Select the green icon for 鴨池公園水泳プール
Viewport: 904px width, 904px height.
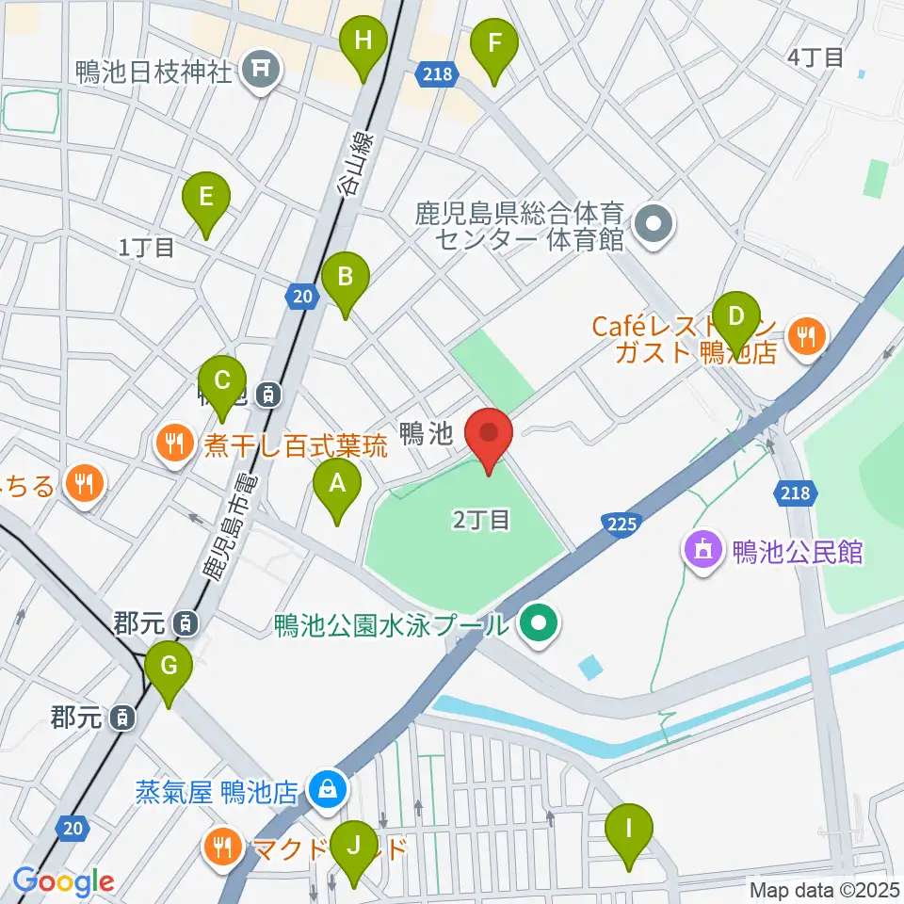539,622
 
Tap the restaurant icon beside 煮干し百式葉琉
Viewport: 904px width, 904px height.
173,441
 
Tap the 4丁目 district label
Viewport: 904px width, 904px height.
815,56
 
